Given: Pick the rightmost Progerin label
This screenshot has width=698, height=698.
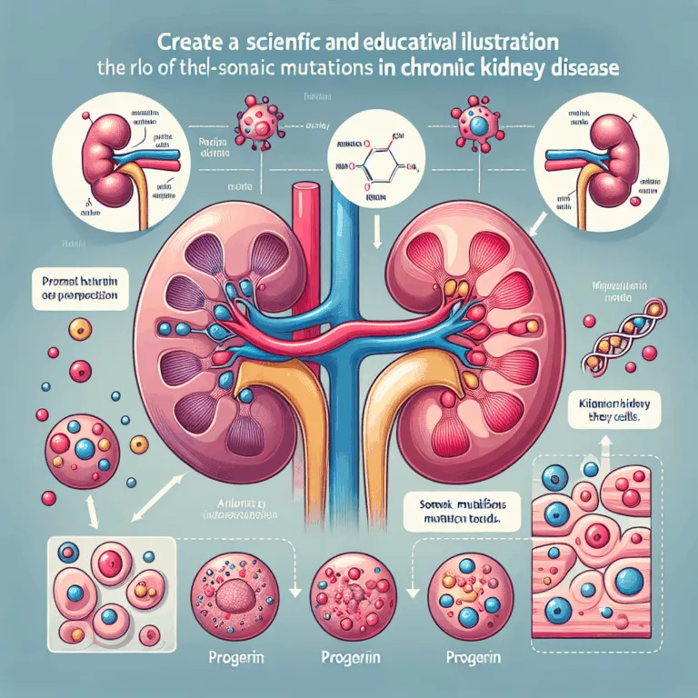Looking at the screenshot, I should click(x=467, y=656).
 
